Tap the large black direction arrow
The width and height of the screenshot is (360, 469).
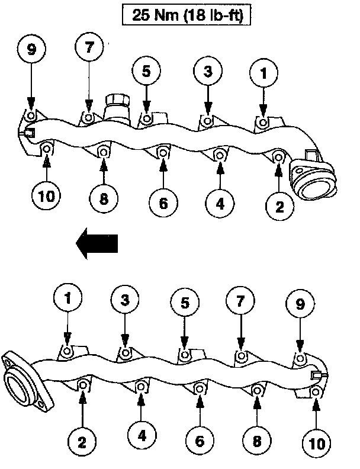tap(98, 243)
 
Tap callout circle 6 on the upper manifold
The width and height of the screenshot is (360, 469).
tap(163, 203)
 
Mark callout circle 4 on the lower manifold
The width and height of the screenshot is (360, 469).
tap(141, 436)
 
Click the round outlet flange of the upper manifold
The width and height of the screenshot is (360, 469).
tap(314, 185)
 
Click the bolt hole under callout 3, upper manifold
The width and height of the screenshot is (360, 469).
tap(207, 121)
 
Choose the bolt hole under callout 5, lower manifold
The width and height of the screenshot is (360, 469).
tap(185, 356)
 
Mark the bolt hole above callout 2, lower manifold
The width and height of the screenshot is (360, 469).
tap(83, 387)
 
